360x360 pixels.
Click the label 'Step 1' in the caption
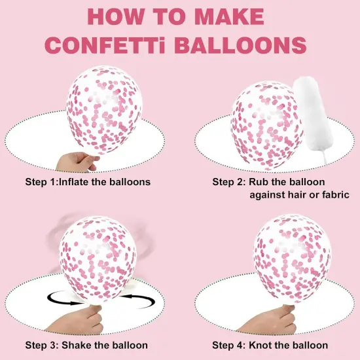point(41,181)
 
